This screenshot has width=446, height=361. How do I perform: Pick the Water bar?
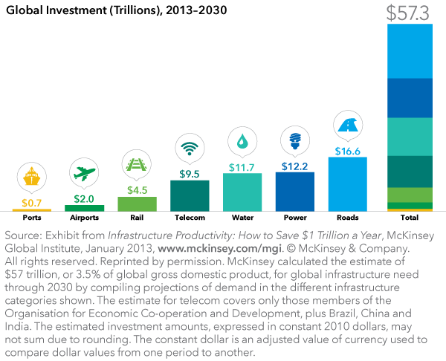[x=242, y=192]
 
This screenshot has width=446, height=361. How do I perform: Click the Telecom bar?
[x=190, y=196]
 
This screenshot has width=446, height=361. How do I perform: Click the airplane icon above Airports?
[x=84, y=172]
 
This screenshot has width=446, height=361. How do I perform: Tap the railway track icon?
[x=137, y=163]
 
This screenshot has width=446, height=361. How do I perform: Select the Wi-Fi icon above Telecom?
[x=189, y=147]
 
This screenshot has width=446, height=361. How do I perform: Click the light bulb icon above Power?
[x=294, y=139]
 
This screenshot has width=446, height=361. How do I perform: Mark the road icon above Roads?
[x=347, y=124]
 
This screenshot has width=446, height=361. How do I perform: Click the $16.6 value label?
[x=347, y=151]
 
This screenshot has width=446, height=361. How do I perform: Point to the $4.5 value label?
[x=137, y=190]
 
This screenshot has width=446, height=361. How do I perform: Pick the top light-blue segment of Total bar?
[x=409, y=51]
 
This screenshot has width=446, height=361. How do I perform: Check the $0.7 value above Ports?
[x=32, y=202]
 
